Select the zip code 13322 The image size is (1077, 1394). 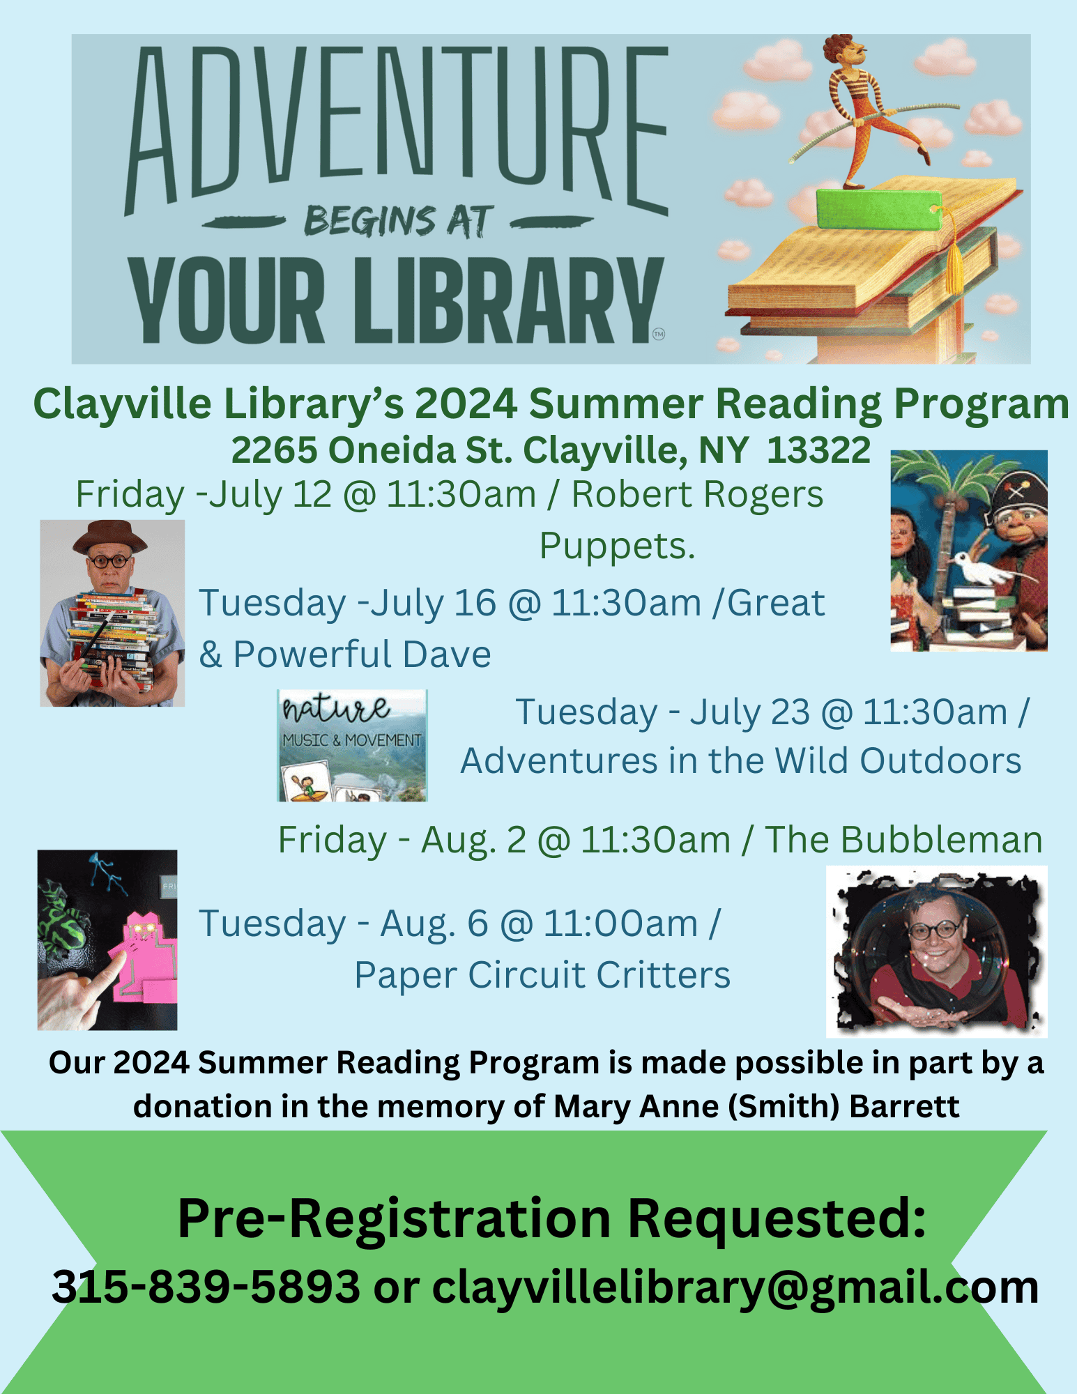[x=818, y=450]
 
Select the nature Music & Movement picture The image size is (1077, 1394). [x=352, y=745]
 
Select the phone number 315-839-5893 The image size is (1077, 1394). [x=206, y=1287]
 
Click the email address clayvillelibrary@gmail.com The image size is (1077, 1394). [x=735, y=1287]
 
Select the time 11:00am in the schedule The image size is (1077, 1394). [x=620, y=924]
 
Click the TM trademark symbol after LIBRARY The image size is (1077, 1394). [x=659, y=334]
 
